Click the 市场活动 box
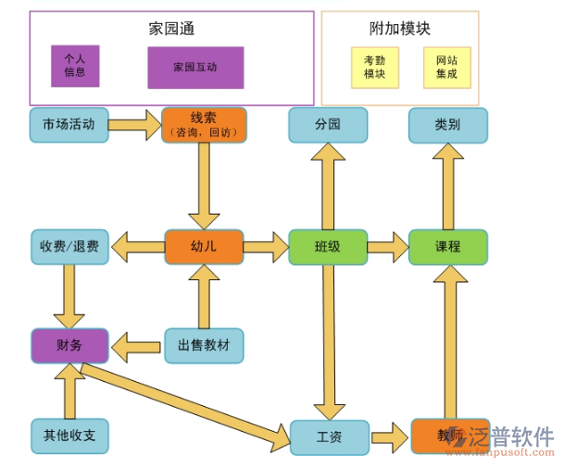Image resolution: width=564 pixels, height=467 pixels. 69,125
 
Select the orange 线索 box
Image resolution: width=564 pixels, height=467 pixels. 204,125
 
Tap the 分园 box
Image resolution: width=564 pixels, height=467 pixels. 328,125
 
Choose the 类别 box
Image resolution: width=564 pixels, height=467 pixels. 448,125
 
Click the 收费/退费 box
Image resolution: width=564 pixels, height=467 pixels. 69,247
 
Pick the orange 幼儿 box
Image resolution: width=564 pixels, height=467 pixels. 204,247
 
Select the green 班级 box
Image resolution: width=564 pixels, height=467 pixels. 328,247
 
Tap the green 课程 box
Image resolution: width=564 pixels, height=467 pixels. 448,247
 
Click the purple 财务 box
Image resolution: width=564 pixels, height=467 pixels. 69,346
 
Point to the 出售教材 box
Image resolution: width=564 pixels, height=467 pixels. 204,346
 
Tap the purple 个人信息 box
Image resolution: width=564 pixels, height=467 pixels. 75,66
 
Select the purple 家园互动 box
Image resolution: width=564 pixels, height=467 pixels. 195,68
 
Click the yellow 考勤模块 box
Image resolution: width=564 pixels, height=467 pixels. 374,68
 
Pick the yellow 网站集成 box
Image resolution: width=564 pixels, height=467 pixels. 447,68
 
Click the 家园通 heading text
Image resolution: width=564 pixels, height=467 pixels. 171,29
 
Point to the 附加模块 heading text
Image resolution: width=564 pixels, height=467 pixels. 400,29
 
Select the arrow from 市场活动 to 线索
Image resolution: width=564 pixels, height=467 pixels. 135,125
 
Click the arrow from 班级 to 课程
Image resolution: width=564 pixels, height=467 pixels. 388,247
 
